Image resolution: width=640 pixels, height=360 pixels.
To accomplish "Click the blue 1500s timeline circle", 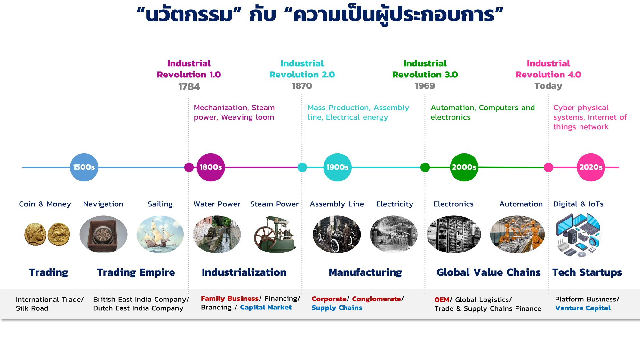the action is pos(84,167).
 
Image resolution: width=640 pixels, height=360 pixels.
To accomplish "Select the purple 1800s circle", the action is pos(211,167).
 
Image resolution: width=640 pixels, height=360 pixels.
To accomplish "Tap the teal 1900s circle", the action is pos(337,167).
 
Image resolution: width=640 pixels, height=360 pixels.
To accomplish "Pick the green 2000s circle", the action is pos(464,167).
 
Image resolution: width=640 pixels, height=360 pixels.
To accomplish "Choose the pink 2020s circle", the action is pos(591,167).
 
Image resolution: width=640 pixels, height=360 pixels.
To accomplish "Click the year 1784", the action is pos(189,86).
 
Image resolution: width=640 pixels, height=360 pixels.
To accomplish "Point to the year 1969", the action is pos(425,86).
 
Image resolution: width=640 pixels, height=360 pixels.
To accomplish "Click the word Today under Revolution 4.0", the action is pos(548,86).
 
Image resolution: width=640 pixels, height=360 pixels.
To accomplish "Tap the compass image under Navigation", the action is pos(103,234).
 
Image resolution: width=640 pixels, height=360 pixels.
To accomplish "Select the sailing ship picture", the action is pos(160,234).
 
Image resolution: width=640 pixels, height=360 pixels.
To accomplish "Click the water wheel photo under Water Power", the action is pos(217,234).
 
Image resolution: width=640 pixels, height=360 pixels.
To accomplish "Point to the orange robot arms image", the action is pos(517,234).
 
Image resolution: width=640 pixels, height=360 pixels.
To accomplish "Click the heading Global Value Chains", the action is pos(489,272).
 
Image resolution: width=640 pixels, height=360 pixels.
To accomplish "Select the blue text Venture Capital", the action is pos(583,308).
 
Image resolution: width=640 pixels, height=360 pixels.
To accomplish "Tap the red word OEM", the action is pos(442,300).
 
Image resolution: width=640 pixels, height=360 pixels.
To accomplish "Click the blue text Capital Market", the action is pos(266,308).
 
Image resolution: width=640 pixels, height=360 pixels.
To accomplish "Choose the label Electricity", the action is pos(395,204).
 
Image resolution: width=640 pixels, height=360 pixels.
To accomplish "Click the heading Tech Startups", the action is pos(587,272).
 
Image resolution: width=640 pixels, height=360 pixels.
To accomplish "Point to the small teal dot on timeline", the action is pos(302,167).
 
